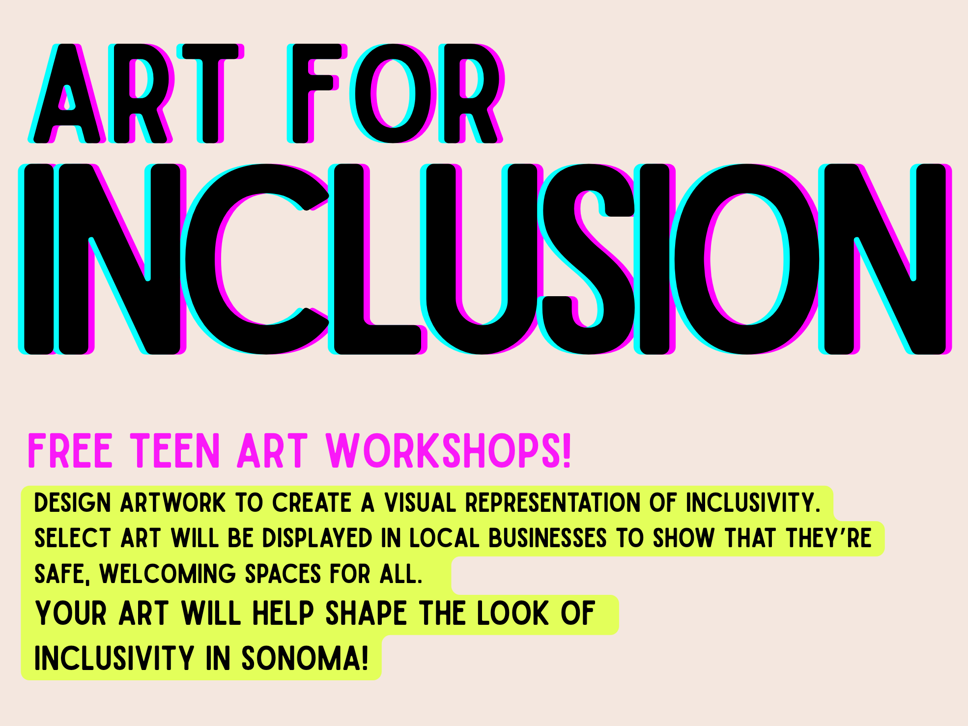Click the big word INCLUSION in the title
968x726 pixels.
click(x=485, y=259)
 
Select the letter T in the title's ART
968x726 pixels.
click(x=210, y=93)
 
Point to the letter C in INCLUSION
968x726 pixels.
click(x=256, y=259)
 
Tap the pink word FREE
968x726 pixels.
click(x=71, y=450)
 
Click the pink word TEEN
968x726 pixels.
click(x=175, y=450)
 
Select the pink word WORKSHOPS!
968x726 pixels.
click(x=448, y=450)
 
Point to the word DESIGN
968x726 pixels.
click(x=73, y=503)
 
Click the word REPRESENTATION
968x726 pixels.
click(x=553, y=503)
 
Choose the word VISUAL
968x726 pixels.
click(x=420, y=503)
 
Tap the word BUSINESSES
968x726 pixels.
click(x=548, y=538)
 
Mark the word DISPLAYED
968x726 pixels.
click(x=317, y=538)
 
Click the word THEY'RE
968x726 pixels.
click(x=828, y=538)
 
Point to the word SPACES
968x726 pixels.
click(x=283, y=574)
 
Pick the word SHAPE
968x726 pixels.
click(x=367, y=613)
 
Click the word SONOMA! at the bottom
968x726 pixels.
click(x=305, y=658)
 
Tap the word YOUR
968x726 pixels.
click(x=71, y=613)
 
